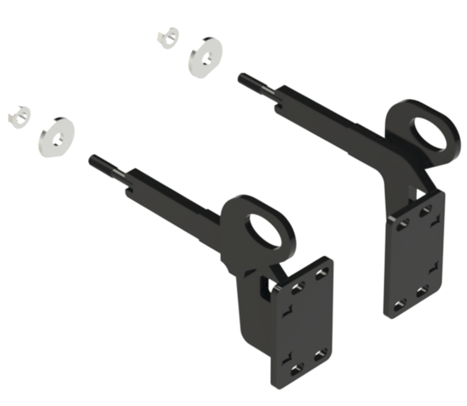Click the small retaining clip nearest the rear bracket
168,37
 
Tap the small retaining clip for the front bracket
19,117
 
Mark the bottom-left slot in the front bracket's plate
297,369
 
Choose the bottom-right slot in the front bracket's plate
321,355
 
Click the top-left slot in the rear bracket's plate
402,225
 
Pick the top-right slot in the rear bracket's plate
426,211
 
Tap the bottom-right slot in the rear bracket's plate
423,291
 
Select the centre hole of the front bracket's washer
58,139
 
